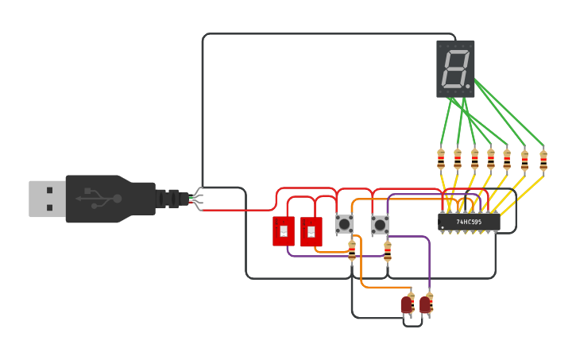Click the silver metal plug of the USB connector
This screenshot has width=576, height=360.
click(47, 199)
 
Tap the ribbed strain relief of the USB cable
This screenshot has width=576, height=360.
click(168, 199)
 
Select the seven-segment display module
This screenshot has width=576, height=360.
click(455, 69)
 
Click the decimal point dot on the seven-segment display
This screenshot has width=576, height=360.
click(468, 85)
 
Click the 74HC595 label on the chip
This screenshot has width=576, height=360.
click(470, 223)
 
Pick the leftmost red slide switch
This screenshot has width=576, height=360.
click(284, 231)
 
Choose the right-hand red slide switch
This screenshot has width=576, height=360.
click(311, 232)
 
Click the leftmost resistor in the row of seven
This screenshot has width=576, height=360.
click(441, 160)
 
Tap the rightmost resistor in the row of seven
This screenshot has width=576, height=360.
click(543, 161)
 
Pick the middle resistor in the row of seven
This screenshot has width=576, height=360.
click(490, 160)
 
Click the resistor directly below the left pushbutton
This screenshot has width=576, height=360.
click(352, 251)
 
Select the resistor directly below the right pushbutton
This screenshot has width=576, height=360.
click(388, 251)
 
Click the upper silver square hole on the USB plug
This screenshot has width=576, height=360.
click(50, 190)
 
